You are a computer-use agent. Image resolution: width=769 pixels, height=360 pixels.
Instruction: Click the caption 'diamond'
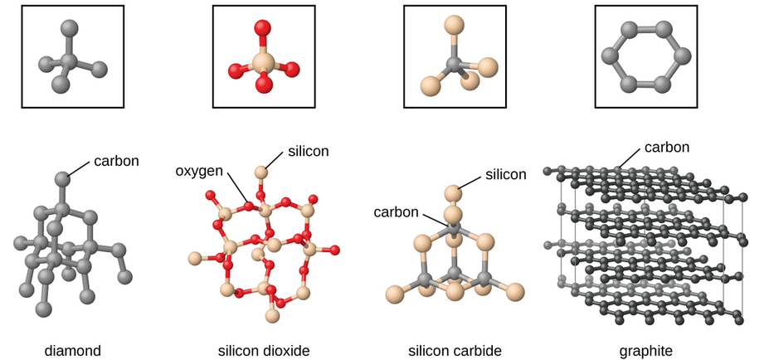pyautogui.click(x=73, y=351)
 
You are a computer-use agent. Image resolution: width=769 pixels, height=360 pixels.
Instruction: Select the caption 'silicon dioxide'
pyautogui.click(x=264, y=351)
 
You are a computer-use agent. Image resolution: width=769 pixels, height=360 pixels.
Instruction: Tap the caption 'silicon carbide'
pyautogui.click(x=455, y=351)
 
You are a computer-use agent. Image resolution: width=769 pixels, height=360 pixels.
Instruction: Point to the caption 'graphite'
pyautogui.click(x=645, y=351)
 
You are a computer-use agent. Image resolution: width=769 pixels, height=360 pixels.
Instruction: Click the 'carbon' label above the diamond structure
pyautogui.click(x=115, y=160)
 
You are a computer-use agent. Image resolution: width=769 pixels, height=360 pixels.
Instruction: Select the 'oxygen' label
pyautogui.click(x=199, y=171)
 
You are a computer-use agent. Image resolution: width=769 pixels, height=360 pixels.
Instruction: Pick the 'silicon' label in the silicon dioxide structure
pyautogui.click(x=309, y=152)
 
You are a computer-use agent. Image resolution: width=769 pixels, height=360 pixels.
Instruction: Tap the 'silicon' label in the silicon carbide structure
pyautogui.click(x=505, y=174)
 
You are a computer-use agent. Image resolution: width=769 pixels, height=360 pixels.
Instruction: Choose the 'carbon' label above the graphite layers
pyautogui.click(x=667, y=147)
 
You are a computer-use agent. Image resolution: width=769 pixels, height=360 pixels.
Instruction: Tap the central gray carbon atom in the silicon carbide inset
pyautogui.click(x=453, y=62)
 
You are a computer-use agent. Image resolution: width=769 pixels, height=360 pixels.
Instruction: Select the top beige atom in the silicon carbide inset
pyautogui.click(x=453, y=24)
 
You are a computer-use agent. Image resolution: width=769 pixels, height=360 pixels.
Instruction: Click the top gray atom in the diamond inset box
pyautogui.click(x=72, y=27)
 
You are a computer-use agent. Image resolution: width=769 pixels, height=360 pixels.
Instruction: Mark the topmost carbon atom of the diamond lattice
pyautogui.click(x=62, y=178)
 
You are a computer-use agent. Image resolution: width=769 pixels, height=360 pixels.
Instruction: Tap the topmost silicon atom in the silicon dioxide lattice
pyautogui.click(x=260, y=173)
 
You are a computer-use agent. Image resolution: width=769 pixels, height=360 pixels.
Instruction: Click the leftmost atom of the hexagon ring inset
pyautogui.click(x=610, y=56)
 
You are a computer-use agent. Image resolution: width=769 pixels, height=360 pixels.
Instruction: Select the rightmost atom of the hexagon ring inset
pyautogui.click(x=684, y=56)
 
